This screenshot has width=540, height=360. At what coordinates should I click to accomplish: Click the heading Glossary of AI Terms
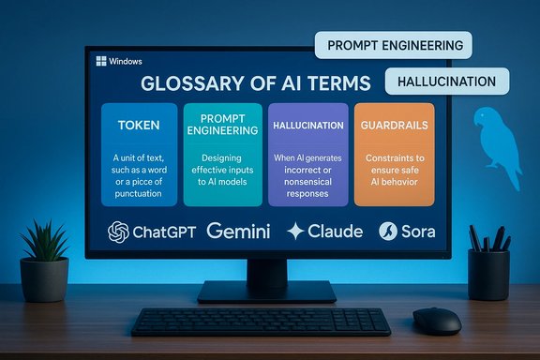[x=255, y=82]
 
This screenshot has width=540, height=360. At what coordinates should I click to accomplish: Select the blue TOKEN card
[x=138, y=154]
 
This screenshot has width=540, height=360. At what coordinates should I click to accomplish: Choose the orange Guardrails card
[x=395, y=154]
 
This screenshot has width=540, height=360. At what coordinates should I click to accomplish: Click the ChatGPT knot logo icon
[x=118, y=232]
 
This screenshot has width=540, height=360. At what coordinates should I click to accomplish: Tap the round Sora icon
[x=388, y=231]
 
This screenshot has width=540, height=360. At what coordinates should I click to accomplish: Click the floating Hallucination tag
[x=446, y=81]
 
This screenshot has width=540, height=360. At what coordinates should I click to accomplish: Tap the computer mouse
[x=436, y=320]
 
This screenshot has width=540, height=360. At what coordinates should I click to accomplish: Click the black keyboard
[x=261, y=321]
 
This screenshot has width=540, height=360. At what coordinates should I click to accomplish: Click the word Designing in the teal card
[x=221, y=157]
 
